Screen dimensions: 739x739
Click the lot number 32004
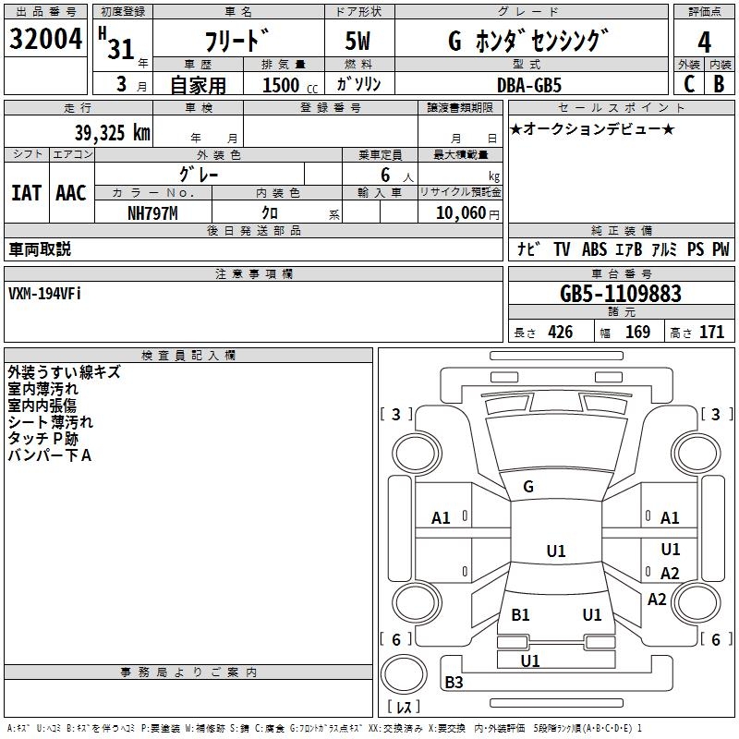pos(45,39)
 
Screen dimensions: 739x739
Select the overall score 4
pos(704,42)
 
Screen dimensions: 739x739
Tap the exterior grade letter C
pos(689,84)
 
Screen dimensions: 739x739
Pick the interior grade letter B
pos(719,84)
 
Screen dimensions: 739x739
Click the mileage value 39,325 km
pos(112,133)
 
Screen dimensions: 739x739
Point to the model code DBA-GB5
pos(529,85)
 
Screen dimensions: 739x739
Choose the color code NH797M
pos(152,213)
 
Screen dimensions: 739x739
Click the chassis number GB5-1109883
pos(621,294)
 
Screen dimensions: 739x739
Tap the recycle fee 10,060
pos(461,213)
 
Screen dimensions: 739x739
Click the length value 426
pos(561,333)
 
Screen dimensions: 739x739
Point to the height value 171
pos(711,333)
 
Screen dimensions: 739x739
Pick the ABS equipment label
pos(594,249)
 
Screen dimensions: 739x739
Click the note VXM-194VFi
pos(44,294)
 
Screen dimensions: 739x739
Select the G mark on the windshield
pos(528,487)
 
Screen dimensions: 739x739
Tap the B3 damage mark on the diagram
pos(454,682)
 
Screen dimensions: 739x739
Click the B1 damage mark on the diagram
pos(520,614)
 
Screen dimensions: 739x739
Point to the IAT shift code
pos(26,193)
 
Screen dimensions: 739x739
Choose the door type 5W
pos(357,41)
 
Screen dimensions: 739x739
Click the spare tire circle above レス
pos(404,673)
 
